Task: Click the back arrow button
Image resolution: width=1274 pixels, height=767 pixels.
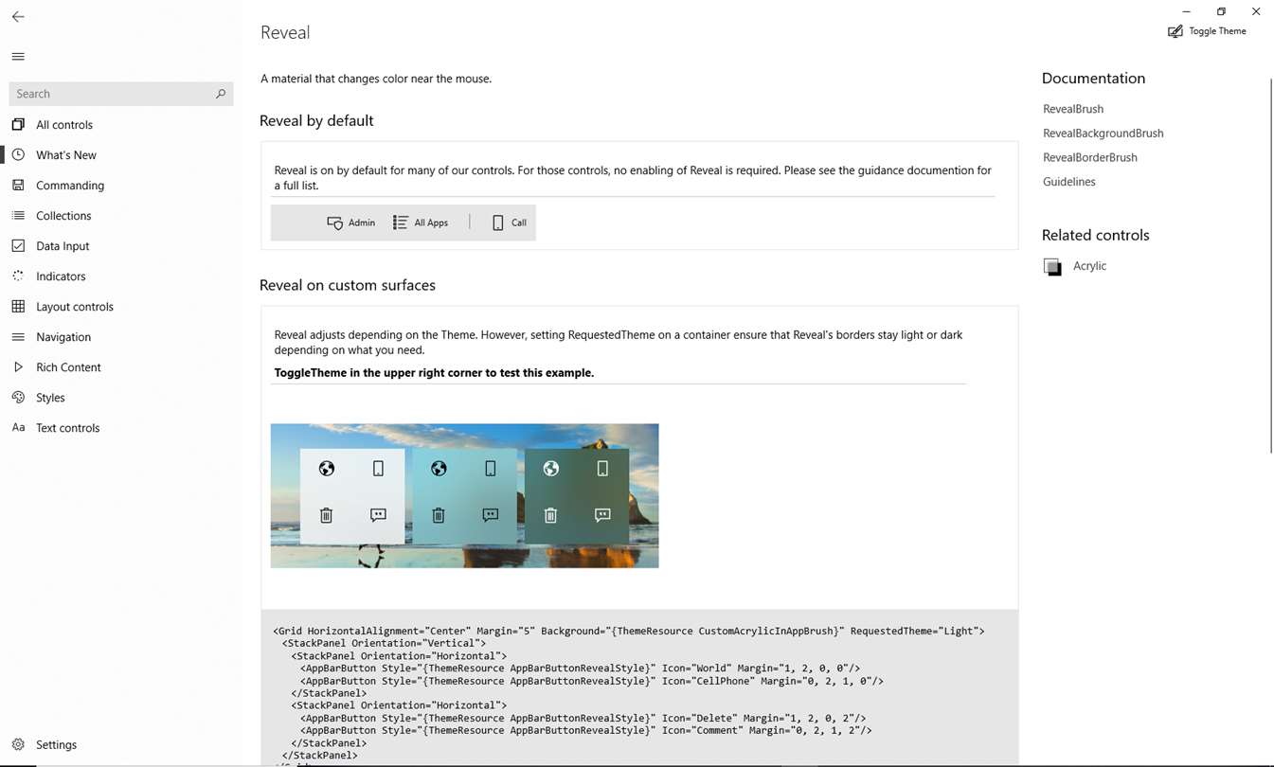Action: tap(18, 17)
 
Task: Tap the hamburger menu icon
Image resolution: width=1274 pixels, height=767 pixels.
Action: tap(18, 57)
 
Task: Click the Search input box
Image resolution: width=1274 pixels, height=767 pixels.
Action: tap(114, 94)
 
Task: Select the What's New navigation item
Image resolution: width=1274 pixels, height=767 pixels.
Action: tap(65, 155)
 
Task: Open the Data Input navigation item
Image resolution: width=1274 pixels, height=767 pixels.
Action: tap(63, 246)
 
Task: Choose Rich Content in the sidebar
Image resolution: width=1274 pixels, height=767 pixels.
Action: tap(68, 367)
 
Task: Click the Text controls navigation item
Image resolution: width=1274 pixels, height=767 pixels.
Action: tap(67, 428)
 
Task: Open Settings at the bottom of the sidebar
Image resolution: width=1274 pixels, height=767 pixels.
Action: tap(56, 745)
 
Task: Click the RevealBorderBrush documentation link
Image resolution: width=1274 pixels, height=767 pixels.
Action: tap(1089, 157)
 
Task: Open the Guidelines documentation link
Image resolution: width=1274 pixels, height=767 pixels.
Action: tap(1068, 182)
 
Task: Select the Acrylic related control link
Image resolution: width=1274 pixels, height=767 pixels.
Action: tap(1088, 266)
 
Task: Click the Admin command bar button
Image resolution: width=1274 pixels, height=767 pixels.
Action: tap(351, 223)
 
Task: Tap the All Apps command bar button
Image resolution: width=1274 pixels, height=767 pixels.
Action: tap(421, 223)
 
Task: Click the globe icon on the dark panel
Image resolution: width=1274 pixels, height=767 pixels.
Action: tap(550, 469)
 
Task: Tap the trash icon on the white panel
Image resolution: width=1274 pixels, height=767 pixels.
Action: tap(326, 515)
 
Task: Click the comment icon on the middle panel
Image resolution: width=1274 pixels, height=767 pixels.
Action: tap(490, 515)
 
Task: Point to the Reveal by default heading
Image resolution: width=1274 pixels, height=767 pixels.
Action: tap(316, 121)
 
